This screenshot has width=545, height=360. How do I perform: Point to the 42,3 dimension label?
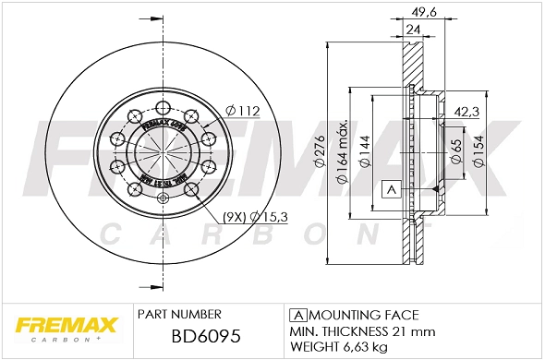(x=466, y=113)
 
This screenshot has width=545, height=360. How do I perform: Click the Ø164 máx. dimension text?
(x=342, y=152)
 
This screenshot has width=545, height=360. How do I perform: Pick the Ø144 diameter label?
(x=364, y=152)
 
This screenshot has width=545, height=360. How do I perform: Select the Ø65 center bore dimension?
(x=455, y=152)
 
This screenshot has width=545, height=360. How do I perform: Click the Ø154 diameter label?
(x=478, y=152)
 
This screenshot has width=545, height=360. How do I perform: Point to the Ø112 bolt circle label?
(x=245, y=112)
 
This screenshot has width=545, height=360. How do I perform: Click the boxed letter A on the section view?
(x=390, y=189)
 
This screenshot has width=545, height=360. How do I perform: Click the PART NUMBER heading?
(x=178, y=314)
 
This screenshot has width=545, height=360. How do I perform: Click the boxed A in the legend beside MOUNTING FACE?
(x=297, y=314)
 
